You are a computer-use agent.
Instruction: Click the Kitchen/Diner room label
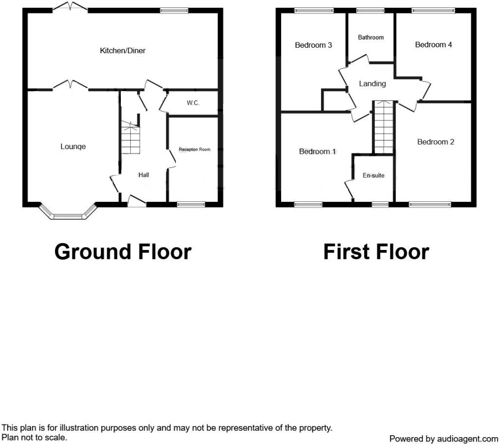pyautogui.click(x=122, y=51)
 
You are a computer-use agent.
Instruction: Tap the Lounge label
pyautogui.click(x=73, y=146)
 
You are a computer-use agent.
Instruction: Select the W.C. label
pyautogui.click(x=193, y=103)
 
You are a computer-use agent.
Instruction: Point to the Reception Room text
pyautogui.click(x=194, y=149)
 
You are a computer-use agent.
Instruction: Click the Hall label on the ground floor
pyautogui.click(x=144, y=175)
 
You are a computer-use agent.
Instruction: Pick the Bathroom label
pyautogui.click(x=371, y=37)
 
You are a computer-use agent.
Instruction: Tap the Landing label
pyautogui.click(x=372, y=84)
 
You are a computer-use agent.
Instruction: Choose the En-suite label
pyautogui.click(x=373, y=175)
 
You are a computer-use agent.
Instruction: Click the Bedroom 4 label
pyautogui.click(x=433, y=44)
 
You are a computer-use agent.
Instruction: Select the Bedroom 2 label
pyautogui.click(x=436, y=142)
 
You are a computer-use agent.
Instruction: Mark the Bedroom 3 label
pyautogui.click(x=313, y=45)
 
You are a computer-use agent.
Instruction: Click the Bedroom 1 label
pyautogui.click(x=317, y=152)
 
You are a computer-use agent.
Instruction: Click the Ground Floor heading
pyautogui.click(x=123, y=252)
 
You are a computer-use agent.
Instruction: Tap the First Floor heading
pyautogui.click(x=376, y=252)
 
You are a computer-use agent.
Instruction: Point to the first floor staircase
pyautogui.click(x=384, y=127)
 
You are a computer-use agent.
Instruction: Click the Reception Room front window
pyautogui.click(x=191, y=204)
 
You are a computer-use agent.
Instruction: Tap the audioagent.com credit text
pyautogui.click(x=443, y=439)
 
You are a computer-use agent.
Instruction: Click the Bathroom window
pyautogui.click(x=370, y=11)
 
